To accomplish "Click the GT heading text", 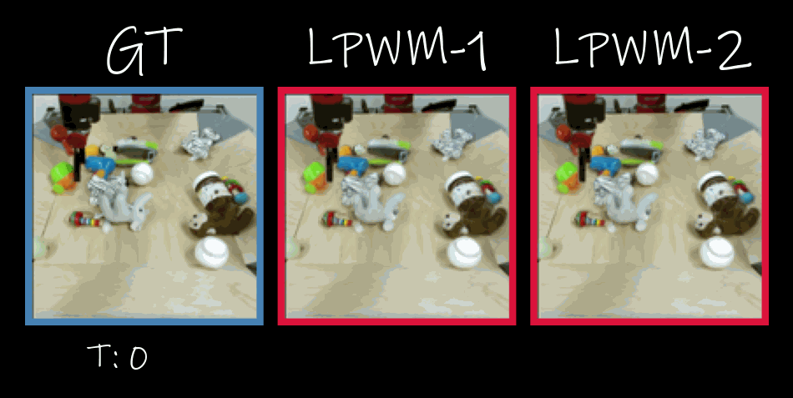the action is click(144, 51).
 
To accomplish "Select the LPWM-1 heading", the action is click(397, 48).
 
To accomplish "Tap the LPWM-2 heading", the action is click(653, 48).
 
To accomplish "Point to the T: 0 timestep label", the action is click(117, 356).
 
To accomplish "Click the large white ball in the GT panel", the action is click(212, 252).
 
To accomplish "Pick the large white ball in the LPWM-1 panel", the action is click(465, 252).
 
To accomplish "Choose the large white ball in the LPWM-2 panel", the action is click(718, 252).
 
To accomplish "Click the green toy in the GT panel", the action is click(62, 178).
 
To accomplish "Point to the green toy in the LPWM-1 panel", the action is click(315, 178).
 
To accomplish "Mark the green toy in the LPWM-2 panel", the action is click(568, 178).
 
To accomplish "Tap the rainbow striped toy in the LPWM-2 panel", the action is click(591, 219).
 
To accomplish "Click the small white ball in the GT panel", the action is click(142, 174).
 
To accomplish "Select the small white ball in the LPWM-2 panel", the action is click(648, 174).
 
